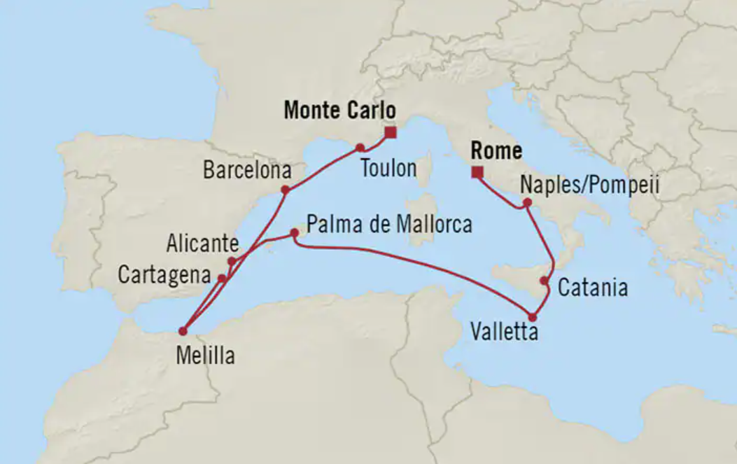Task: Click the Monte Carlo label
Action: [339, 111]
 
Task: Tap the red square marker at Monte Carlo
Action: [391, 132]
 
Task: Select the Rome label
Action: [496, 151]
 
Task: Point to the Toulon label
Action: [388, 169]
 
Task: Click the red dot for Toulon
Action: [360, 148]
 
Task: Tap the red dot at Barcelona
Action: [285, 190]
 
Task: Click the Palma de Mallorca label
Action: [389, 225]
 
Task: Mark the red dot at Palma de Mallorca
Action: [295, 232]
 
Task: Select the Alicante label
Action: [203, 244]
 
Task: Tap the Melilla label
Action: [205, 356]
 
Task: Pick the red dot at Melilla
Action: [183, 331]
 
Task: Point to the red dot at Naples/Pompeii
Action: [527, 204]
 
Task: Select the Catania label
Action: [592, 288]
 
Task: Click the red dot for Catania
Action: [545, 281]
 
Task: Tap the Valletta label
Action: [504, 331]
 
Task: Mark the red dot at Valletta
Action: [533, 316]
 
